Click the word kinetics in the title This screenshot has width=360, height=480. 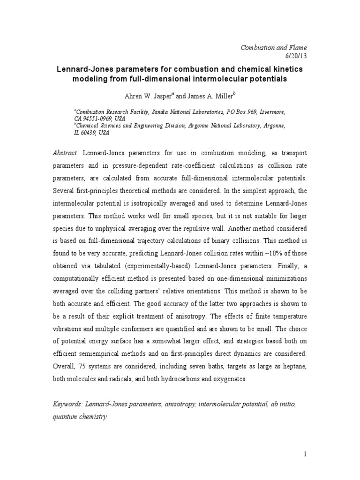[x=285, y=69]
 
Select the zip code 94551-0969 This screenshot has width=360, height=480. [x=102, y=120]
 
